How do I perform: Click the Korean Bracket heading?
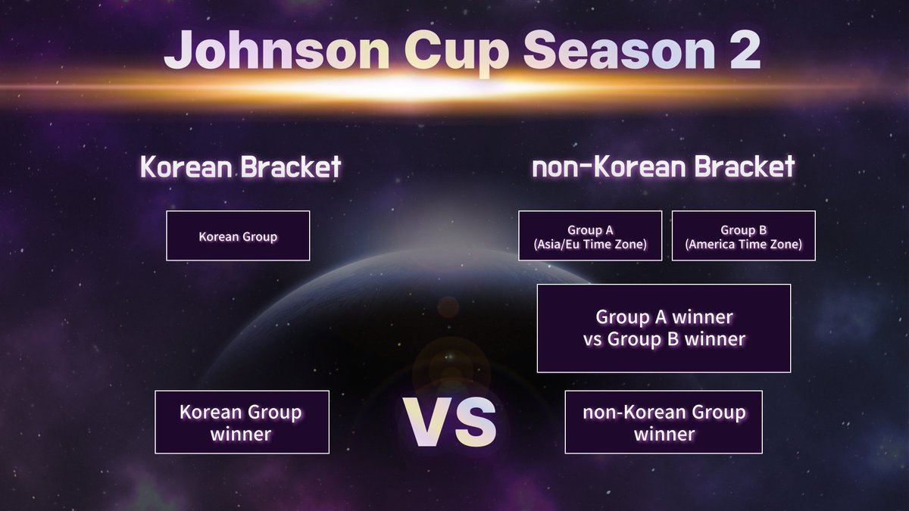[x=241, y=167]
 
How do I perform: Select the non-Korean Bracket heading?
[x=664, y=167]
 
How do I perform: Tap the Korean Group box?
[x=238, y=236]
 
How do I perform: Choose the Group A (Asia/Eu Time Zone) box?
[x=590, y=236]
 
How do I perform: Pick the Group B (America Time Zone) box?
[x=743, y=236]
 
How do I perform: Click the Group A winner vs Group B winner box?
[x=664, y=328]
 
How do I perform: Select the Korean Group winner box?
[x=242, y=422]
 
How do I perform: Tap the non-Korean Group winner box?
[x=664, y=422]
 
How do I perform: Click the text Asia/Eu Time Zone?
[x=590, y=245]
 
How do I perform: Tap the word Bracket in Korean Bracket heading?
[x=291, y=167]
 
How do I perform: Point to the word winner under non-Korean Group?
[x=664, y=435]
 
